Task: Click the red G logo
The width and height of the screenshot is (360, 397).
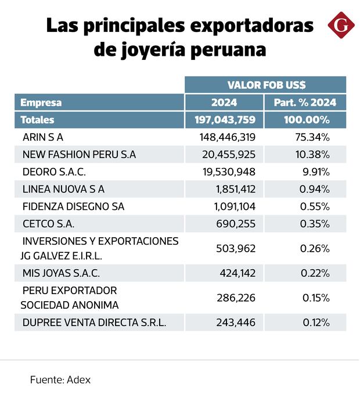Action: (340, 26)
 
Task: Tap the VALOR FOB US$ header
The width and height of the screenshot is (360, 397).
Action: (267, 85)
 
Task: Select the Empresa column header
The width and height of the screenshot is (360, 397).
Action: (41, 102)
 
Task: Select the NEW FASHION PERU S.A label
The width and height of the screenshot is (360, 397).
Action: (79, 155)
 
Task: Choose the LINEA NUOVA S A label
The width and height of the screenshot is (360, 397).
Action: (63, 189)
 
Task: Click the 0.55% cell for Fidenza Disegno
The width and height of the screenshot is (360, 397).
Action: (316, 206)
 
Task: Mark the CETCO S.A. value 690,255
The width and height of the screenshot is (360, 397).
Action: (236, 223)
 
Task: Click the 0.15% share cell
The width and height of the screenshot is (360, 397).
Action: (316, 298)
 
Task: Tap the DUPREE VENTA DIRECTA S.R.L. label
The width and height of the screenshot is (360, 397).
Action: (94, 323)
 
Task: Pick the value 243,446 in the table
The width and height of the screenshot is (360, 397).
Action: (236, 323)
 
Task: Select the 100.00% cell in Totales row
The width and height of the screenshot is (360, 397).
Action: (307, 120)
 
